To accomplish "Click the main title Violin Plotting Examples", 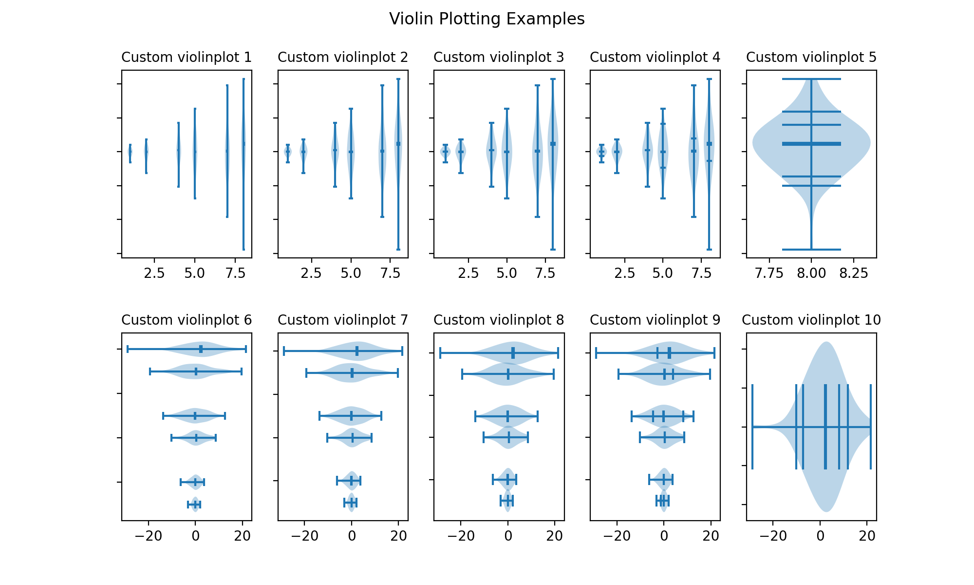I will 487,19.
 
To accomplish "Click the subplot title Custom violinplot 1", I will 187,58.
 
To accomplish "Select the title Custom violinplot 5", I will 811,58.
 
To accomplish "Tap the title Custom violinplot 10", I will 811,320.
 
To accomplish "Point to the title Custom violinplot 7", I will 343,320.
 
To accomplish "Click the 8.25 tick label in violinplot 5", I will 854,273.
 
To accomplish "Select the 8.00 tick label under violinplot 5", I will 811,273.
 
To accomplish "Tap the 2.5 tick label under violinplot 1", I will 154,273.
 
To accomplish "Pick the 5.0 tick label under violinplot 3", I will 506,273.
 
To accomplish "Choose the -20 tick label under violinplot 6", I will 149,536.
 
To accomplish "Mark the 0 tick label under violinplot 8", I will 508,536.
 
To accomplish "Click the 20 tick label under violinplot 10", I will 867,536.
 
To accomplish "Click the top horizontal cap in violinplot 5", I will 811,79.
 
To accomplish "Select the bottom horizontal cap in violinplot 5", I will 811,250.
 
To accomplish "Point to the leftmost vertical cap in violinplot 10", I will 752,427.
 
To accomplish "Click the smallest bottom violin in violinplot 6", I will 195,505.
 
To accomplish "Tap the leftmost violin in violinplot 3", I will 445,152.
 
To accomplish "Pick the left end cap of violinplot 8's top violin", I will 440,353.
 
